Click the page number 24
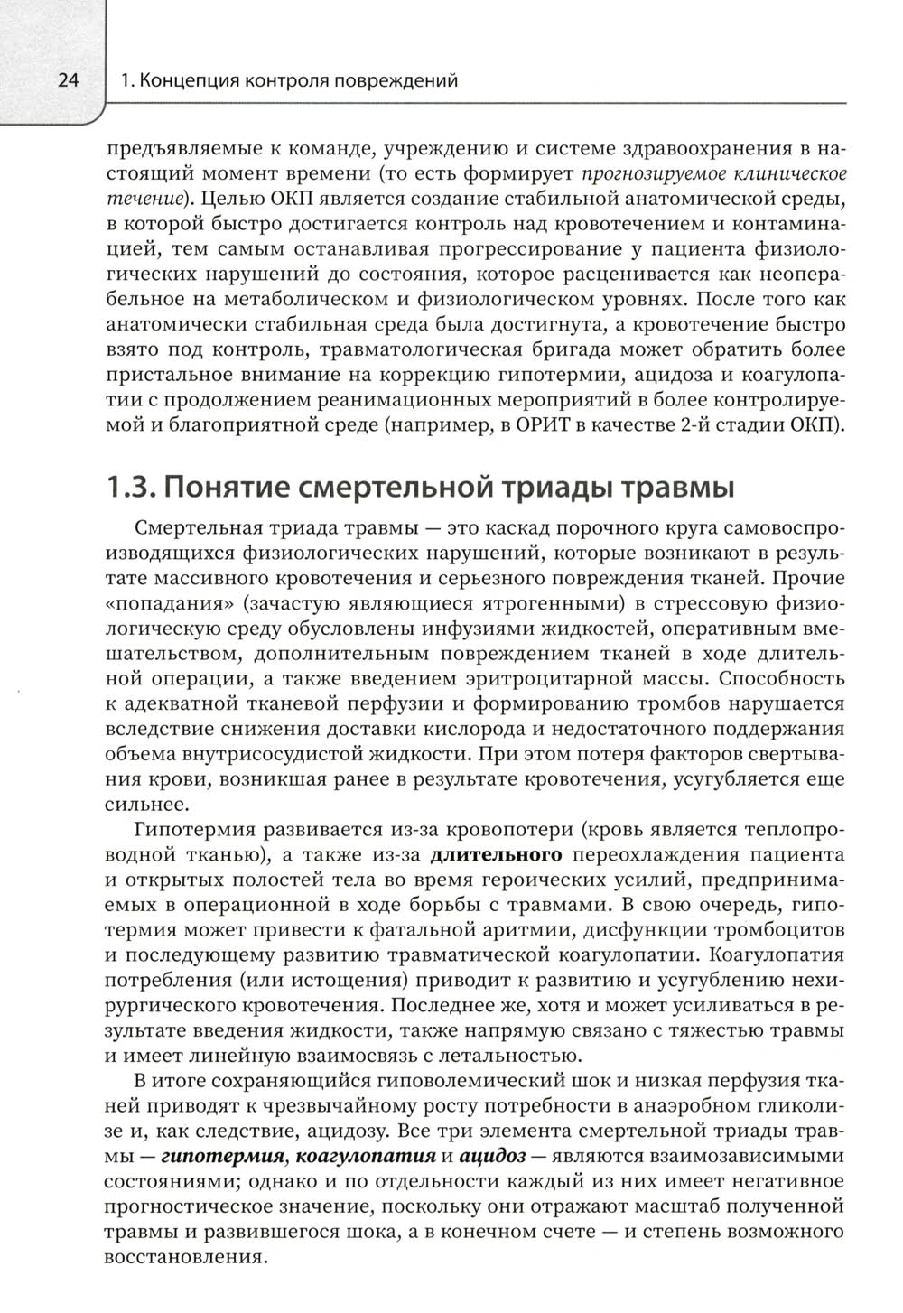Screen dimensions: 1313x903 click(x=69, y=81)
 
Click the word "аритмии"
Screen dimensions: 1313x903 click(x=526, y=928)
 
